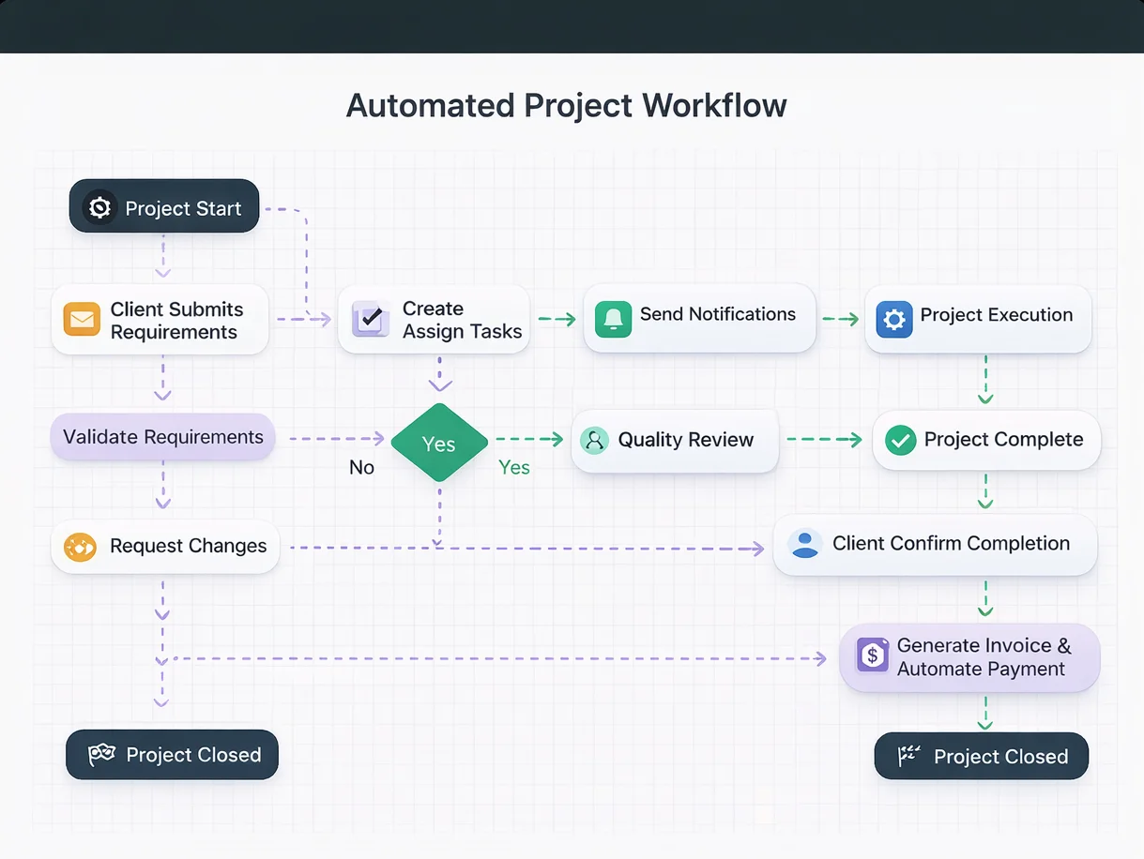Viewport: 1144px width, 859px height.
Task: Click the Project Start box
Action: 164,207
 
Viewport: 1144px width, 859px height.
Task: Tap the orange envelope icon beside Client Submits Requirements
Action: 82,320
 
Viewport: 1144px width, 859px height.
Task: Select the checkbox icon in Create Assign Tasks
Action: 370,320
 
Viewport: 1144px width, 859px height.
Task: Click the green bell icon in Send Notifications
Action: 613,319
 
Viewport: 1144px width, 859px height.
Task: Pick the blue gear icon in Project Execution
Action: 893,320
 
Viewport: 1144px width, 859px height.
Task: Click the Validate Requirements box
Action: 162,437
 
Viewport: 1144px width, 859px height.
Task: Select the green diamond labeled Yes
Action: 438,443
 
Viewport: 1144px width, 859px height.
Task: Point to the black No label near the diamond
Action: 361,467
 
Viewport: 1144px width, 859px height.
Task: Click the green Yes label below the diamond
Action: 513,467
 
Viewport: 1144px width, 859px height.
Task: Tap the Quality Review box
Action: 675,440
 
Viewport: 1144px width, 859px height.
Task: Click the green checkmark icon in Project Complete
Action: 900,440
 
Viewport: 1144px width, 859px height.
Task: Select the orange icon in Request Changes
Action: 80,547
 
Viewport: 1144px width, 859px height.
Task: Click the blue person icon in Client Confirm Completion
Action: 805,544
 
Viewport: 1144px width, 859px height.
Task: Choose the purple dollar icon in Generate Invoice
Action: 873,655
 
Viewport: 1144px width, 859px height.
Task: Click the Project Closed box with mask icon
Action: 172,755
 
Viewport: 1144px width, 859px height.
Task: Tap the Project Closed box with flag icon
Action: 981,757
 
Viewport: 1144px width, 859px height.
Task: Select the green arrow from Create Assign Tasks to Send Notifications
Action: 557,320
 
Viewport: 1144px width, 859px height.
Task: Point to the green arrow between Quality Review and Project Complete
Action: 824,439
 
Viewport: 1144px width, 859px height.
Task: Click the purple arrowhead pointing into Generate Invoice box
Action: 820,659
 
